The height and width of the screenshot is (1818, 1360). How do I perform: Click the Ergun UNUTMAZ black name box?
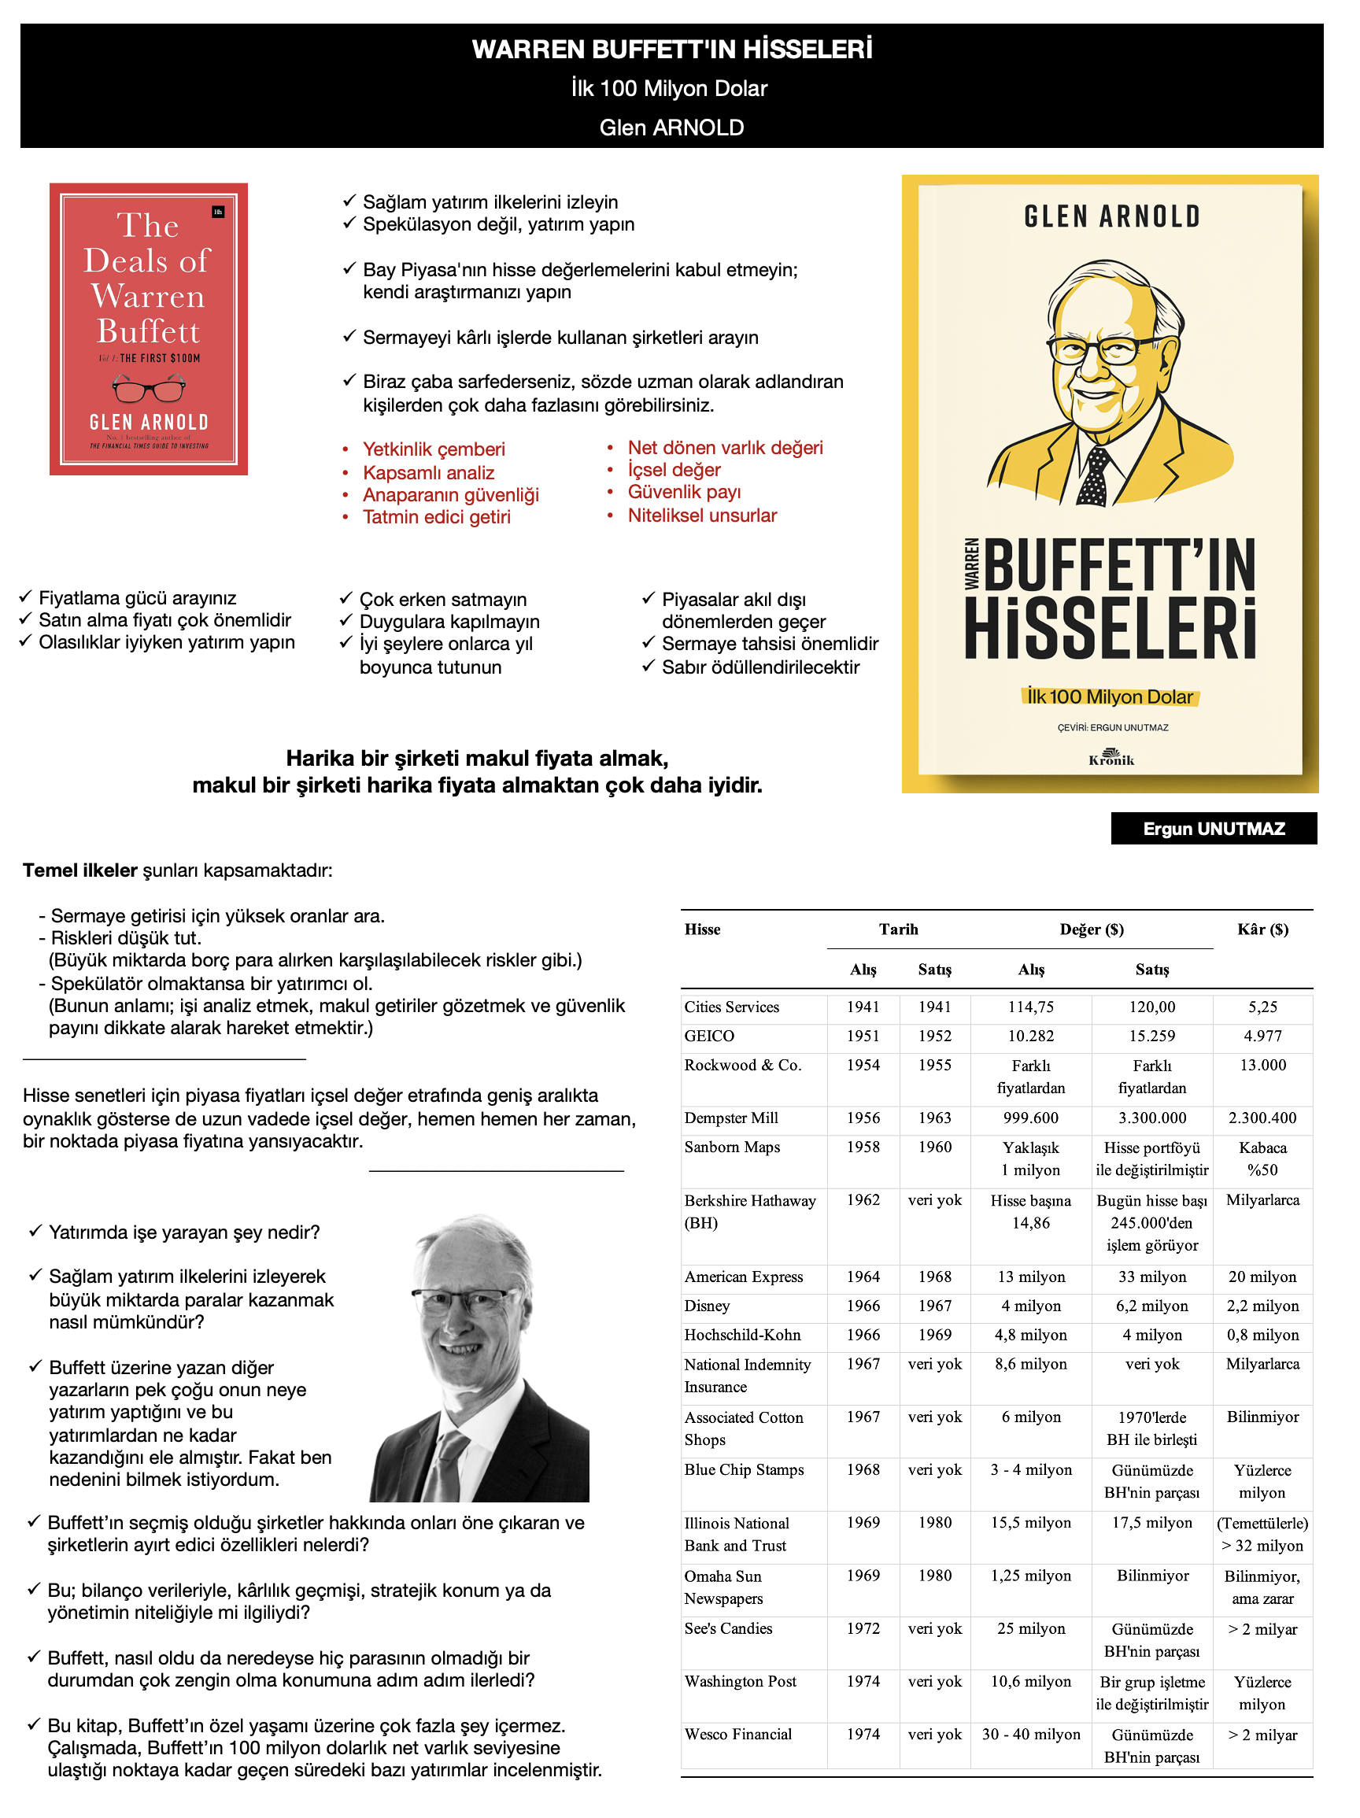[1213, 829]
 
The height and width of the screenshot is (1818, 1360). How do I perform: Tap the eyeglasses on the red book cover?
[149, 387]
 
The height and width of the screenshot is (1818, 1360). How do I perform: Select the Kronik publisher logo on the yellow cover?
[1111, 757]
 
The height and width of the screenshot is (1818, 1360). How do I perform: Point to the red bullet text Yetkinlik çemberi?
[434, 449]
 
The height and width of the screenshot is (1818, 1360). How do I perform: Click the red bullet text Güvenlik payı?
[684, 493]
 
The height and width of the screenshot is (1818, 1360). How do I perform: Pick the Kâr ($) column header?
[1262, 929]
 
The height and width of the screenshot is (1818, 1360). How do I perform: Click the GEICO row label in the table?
[709, 1036]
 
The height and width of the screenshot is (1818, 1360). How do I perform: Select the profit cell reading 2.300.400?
[1262, 1118]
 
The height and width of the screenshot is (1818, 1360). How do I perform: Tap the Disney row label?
[707, 1306]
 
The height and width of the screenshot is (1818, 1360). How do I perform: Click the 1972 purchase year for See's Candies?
[863, 1628]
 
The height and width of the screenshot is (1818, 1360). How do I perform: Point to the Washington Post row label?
[741, 1682]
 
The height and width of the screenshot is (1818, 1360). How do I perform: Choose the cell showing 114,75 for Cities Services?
[1030, 1007]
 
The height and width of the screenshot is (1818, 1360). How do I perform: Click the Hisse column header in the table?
[702, 929]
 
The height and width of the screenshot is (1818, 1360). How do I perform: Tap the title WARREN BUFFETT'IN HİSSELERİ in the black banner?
[671, 50]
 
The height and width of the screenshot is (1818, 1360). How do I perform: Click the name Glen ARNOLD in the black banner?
[671, 127]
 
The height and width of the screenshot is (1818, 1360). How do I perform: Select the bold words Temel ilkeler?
[79, 870]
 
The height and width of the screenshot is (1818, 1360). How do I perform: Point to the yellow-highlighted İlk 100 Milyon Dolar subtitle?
[1110, 697]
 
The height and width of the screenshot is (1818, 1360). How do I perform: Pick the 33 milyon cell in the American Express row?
[1152, 1277]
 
